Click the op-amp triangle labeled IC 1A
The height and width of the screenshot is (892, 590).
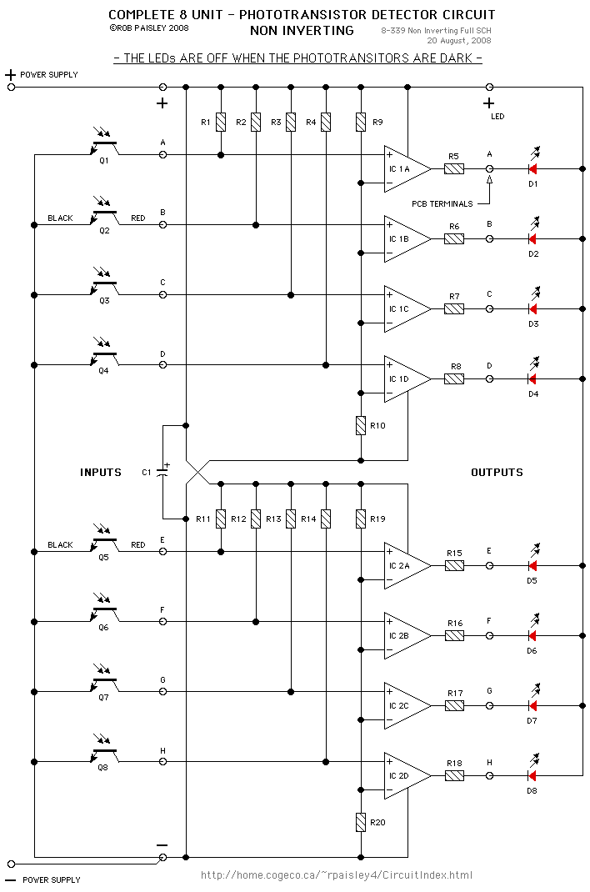(406, 168)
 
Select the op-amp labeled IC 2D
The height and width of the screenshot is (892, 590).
(406, 775)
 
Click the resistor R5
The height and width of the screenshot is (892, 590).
(454, 168)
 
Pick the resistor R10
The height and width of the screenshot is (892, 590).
(361, 425)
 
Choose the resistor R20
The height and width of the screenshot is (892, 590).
(361, 822)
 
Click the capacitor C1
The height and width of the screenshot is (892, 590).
(163, 473)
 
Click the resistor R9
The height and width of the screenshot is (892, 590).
(361, 123)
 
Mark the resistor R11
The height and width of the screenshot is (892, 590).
(221, 519)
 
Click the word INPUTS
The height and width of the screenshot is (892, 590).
(101, 473)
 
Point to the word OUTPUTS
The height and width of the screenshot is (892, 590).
(497, 473)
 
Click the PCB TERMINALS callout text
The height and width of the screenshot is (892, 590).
(442, 203)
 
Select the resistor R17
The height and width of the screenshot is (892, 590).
(454, 705)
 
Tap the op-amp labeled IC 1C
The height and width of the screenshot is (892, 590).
(406, 308)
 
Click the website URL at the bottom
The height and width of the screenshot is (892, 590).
(337, 874)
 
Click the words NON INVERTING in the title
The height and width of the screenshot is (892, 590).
(302, 31)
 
